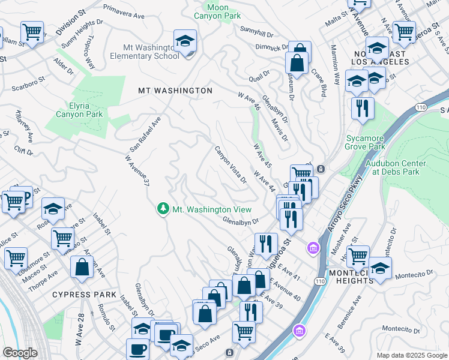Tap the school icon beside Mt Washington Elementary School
click(185, 41)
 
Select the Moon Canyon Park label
click(219, 11)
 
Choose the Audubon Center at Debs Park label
click(396, 167)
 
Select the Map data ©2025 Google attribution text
click(411, 355)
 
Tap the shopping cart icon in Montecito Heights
click(358, 256)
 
